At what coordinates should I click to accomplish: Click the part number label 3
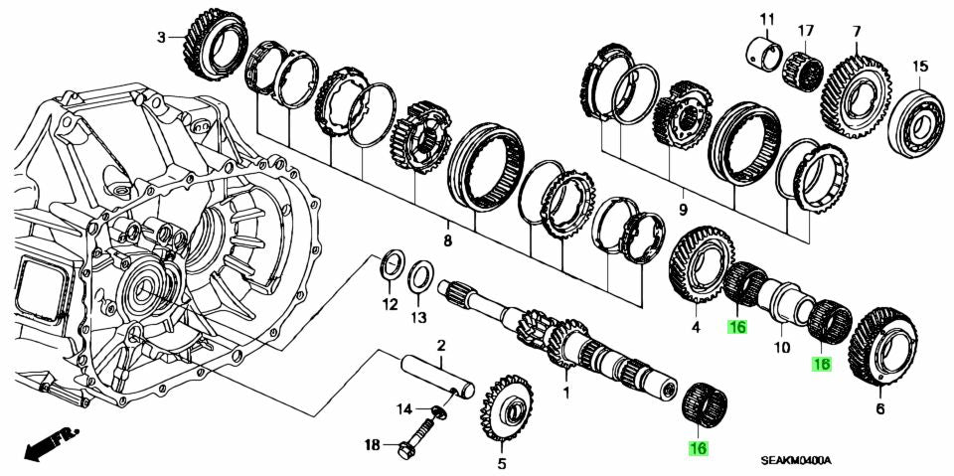(161, 38)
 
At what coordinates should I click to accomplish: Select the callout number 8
(447, 240)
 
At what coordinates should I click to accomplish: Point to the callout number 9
(683, 210)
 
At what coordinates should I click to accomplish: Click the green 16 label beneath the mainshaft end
(698, 449)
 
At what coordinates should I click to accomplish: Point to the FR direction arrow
(50, 442)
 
